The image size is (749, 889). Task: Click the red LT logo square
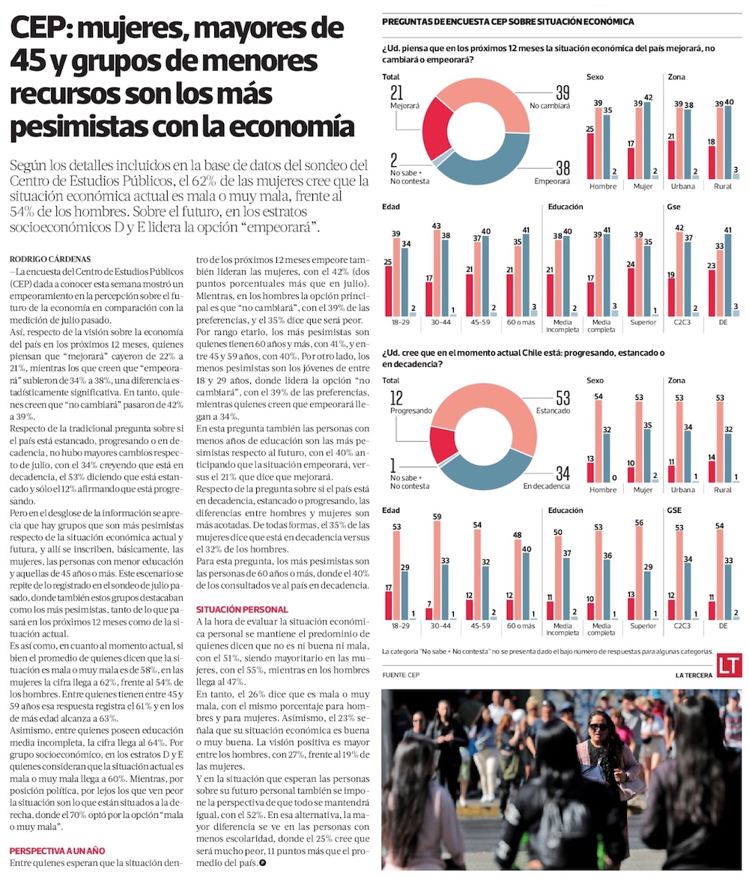(728, 666)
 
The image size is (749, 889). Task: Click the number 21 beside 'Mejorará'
(397, 92)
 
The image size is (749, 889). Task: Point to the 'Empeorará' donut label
(551, 181)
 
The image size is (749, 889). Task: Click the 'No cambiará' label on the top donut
(551, 106)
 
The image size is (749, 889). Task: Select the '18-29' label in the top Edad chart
(398, 324)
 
